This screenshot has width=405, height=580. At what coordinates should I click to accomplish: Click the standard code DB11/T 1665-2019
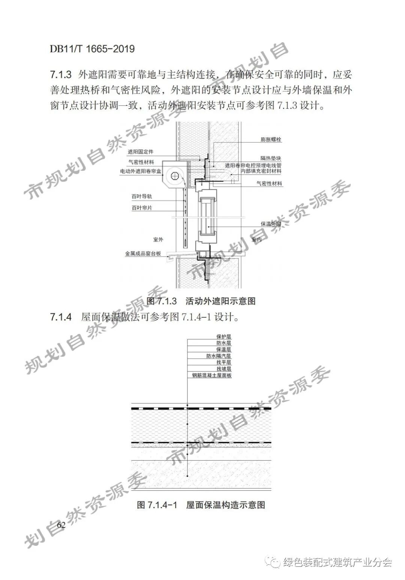[92, 49]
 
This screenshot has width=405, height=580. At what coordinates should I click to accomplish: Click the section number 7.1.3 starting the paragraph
[61, 75]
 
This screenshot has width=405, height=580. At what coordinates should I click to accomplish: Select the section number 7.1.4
[61, 317]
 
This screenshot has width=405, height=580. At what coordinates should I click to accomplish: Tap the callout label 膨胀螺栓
[271, 140]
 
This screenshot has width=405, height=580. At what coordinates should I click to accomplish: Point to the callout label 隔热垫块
[271, 158]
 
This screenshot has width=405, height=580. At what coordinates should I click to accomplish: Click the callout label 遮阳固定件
[140, 152]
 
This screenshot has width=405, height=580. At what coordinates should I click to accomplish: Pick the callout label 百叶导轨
[141, 197]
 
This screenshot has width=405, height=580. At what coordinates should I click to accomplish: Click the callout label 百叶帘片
[141, 208]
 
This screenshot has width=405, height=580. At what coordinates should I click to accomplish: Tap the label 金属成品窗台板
[143, 254]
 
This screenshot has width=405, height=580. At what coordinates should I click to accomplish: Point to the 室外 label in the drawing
[158, 239]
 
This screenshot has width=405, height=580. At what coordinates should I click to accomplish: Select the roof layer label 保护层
[223, 337]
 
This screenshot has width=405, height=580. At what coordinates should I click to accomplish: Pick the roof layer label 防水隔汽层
[218, 356]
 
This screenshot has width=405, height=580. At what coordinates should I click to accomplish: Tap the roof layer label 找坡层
[223, 369]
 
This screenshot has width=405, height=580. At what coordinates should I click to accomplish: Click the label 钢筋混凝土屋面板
[211, 376]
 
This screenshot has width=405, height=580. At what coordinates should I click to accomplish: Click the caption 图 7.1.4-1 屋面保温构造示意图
[201, 505]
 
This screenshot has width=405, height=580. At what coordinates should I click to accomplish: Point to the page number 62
[61, 525]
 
